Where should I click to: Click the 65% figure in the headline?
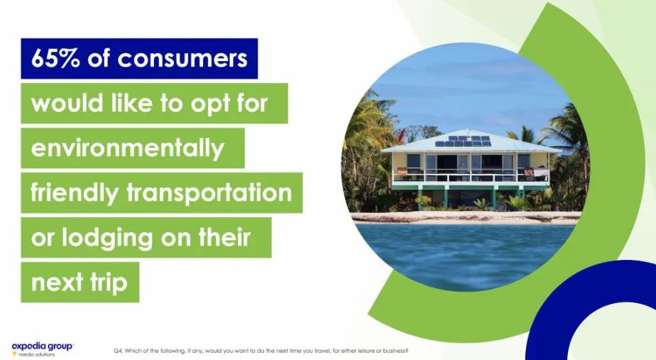(55, 58)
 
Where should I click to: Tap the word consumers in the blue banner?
(182, 59)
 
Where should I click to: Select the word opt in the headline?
(210, 104)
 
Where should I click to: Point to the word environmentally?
(128, 149)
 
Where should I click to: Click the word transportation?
(209, 192)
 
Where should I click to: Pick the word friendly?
(75, 194)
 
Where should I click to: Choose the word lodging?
(108, 239)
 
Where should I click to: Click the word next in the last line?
(57, 283)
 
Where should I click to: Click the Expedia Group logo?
(43, 349)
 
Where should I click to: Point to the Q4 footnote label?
(118, 351)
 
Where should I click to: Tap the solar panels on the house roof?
(463, 141)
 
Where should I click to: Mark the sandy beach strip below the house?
(465, 217)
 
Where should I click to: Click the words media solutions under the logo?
(36, 354)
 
